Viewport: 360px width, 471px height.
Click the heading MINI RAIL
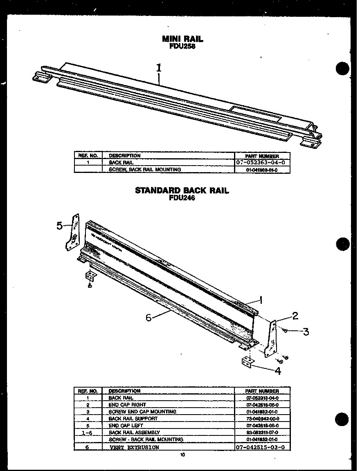182,39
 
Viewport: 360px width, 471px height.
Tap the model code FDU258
182,46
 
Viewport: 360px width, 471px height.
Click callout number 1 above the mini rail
159,68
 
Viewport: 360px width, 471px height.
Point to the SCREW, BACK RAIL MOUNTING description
144,169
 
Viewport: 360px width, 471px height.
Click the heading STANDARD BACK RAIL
182,191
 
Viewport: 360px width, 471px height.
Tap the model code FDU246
182,198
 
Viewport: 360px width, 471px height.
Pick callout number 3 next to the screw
306,332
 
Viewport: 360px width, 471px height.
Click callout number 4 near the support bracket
278,371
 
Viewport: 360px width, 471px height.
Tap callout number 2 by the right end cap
295,316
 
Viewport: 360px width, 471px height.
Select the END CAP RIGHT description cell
127,404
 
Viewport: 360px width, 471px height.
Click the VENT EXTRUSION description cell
134,447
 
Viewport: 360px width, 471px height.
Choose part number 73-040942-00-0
262,419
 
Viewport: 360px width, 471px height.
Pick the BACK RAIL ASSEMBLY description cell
134,432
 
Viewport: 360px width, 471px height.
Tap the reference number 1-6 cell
88,433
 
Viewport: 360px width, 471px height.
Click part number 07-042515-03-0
262,447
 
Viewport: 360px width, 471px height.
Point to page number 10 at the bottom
182,454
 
